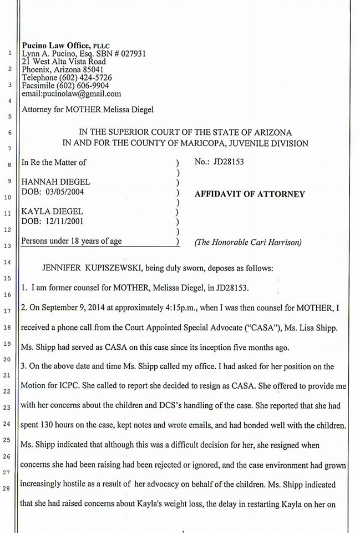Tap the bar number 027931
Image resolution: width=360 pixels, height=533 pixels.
click(x=133, y=53)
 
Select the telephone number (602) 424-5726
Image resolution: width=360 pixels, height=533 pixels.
click(x=86, y=78)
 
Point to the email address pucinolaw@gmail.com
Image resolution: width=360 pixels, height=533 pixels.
click(x=83, y=94)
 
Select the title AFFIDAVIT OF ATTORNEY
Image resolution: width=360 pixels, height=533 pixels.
click(x=250, y=194)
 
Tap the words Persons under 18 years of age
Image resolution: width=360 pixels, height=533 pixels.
click(x=71, y=241)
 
